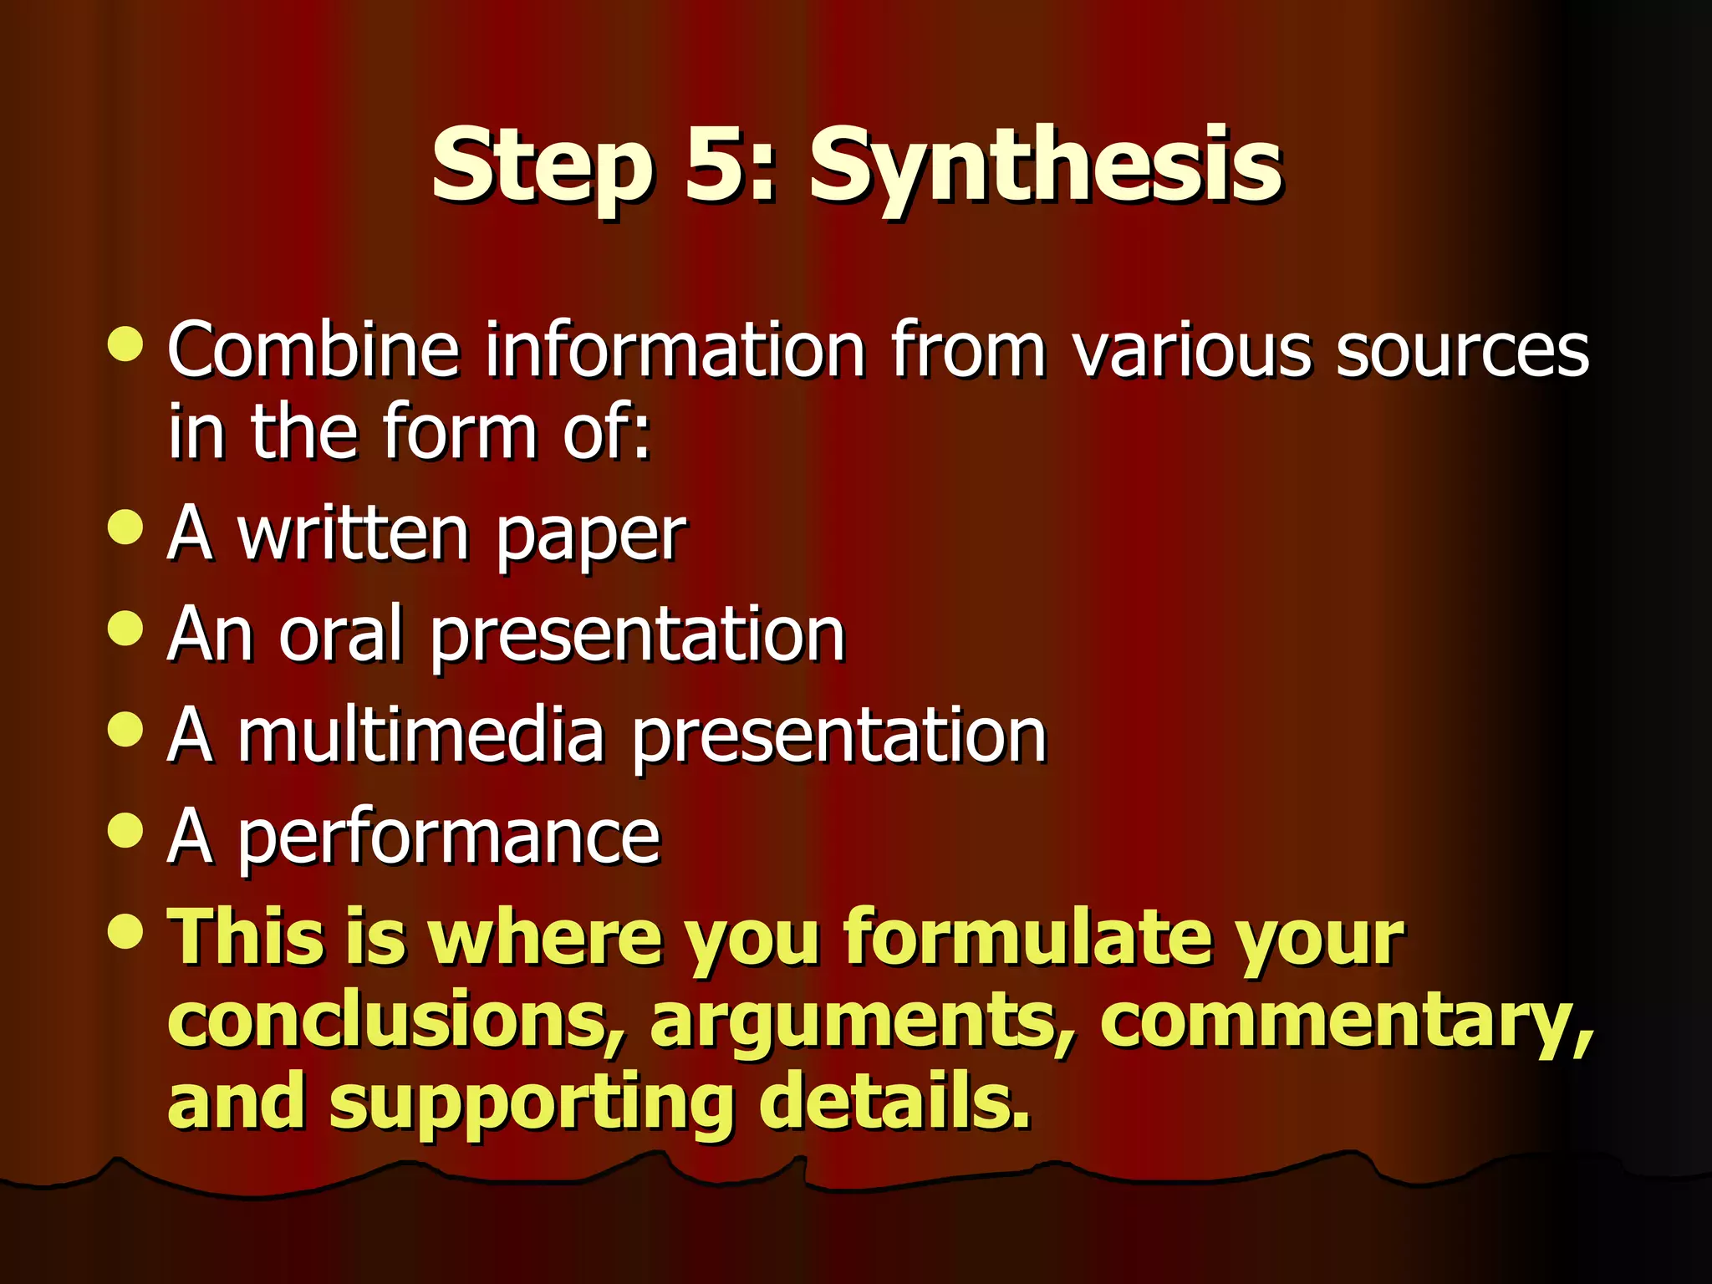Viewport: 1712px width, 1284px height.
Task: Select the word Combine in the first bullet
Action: (x=313, y=349)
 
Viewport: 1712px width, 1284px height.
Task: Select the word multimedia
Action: (x=421, y=736)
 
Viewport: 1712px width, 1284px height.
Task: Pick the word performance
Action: (x=450, y=838)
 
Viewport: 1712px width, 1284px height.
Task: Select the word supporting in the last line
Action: (x=531, y=1103)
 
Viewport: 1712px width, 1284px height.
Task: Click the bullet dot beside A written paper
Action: (x=126, y=527)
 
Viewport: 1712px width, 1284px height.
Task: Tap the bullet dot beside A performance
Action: (x=126, y=830)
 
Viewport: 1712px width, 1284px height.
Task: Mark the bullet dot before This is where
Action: (x=126, y=930)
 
